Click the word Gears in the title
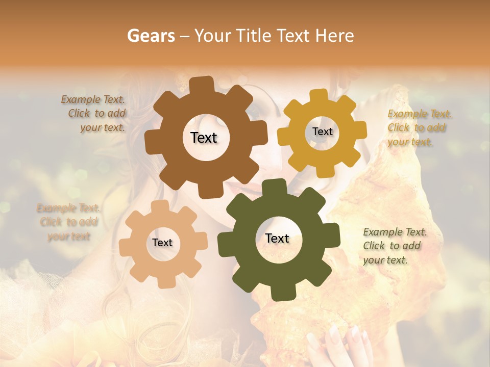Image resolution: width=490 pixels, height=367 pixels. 151,36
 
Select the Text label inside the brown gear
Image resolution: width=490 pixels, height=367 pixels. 204,138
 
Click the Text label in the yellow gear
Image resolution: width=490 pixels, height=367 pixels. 322,132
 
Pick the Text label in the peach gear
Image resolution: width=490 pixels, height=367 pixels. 162,243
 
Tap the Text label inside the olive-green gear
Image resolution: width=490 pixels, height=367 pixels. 277,238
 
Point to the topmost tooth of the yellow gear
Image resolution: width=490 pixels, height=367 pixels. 319,96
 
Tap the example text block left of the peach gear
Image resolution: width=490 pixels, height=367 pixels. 68,222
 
